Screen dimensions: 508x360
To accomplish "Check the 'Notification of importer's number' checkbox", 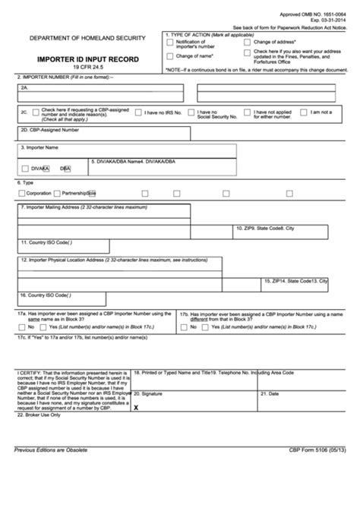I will coord(170,43).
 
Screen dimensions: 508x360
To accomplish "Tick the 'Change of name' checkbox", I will coord(170,55).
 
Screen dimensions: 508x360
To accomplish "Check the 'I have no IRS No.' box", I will coord(138,112).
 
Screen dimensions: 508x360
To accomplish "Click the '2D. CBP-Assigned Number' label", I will coord(49,130).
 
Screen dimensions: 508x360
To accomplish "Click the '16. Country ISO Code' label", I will coord(46,294).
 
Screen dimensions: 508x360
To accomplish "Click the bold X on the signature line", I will coord(136,407).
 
